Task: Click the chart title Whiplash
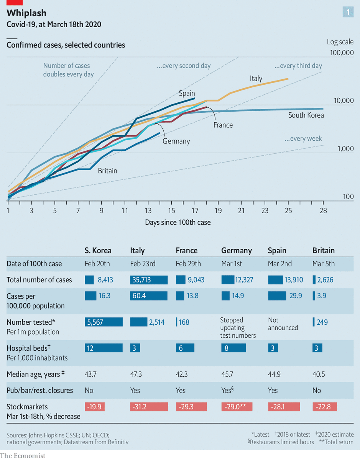tap(26, 13)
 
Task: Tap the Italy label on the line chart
tap(256, 79)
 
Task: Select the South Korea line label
tap(306, 115)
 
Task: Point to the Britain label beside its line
tap(107, 171)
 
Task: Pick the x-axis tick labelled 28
tap(323, 210)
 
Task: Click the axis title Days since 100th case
tap(178, 222)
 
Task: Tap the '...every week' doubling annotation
tap(303, 139)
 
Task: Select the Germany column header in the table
tap(237, 251)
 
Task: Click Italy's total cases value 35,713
tap(149, 280)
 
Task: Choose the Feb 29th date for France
tap(188, 264)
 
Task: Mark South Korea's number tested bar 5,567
tap(104, 322)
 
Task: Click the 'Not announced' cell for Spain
tap(283, 324)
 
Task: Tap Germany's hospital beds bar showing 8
tap(233, 348)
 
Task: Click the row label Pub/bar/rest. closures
tap(40, 390)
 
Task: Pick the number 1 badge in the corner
tap(348, 12)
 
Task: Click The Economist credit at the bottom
tap(23, 455)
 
